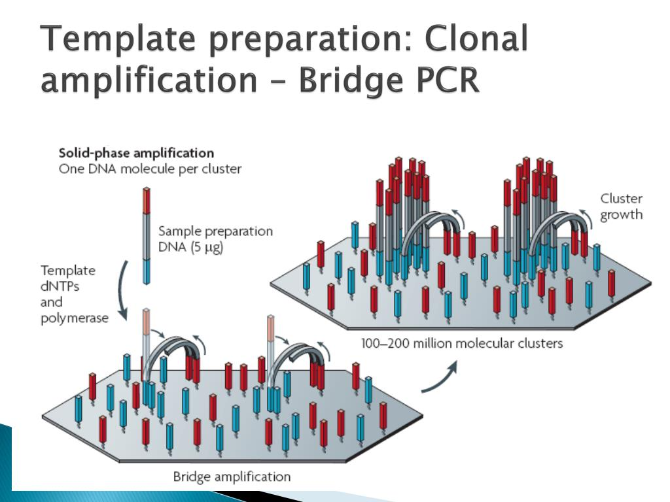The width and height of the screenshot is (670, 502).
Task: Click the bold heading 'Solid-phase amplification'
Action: coord(136,154)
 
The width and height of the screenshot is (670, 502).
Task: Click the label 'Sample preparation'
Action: coord(215,231)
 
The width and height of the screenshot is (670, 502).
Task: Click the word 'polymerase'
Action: coord(74,318)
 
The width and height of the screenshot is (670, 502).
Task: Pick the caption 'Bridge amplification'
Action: coord(232,476)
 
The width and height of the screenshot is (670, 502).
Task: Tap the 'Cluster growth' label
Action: coord(622,207)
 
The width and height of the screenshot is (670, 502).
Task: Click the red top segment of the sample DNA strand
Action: coord(147,200)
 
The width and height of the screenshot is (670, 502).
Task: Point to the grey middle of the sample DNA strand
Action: coord(147,235)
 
